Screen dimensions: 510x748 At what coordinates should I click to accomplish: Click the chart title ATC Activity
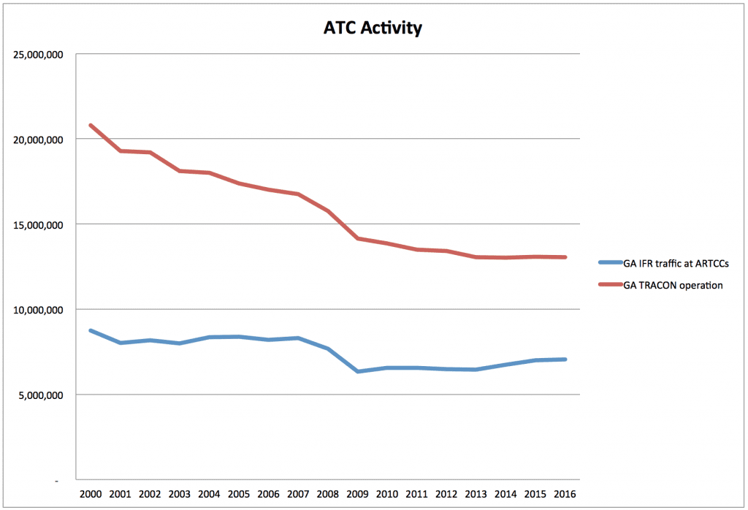coord(373,28)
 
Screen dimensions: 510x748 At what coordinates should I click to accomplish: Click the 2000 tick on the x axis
coord(91,494)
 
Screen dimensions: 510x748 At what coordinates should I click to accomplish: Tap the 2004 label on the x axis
coord(208,494)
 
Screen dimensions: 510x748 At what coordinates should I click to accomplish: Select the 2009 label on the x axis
coord(358,494)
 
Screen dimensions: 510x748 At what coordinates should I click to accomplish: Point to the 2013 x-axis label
coord(476,494)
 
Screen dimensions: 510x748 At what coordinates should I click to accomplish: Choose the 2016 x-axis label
coord(565,494)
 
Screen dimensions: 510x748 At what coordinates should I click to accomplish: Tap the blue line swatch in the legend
coord(610,262)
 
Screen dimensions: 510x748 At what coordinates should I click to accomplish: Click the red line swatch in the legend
coord(610,286)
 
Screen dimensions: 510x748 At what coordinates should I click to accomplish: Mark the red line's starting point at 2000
coord(91,125)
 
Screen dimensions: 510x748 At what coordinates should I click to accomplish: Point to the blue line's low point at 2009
coord(358,372)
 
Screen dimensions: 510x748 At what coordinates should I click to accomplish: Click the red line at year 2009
coord(358,238)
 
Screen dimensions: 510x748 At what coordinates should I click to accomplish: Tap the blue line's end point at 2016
coord(565,359)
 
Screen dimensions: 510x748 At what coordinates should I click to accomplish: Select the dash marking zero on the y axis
coord(56,481)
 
